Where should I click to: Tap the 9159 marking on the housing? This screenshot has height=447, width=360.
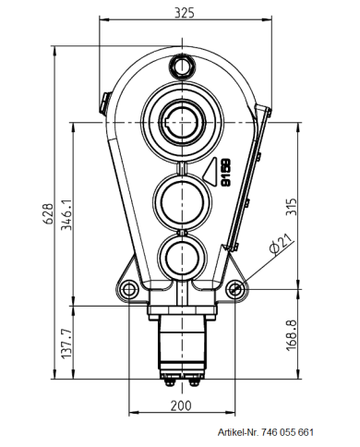pos(225,174)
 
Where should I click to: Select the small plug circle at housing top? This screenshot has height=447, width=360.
pos(180,66)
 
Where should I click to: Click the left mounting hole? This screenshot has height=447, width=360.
pos(126,289)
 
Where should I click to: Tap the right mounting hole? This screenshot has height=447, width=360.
pos(236,289)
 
